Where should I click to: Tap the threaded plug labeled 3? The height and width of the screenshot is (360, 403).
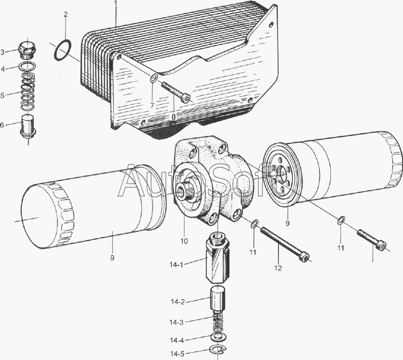[x=27, y=50]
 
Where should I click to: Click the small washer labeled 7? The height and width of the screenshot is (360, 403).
[x=153, y=78]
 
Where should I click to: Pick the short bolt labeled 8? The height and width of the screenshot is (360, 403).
[x=176, y=92]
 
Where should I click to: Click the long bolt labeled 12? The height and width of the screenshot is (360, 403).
[x=285, y=245]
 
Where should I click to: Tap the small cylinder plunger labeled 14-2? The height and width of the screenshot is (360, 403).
[x=218, y=298]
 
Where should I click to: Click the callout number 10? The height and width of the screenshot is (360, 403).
[x=184, y=241]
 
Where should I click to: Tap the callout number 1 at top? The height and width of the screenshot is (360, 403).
[x=115, y=3]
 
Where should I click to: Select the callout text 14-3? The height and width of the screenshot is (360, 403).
[x=176, y=322]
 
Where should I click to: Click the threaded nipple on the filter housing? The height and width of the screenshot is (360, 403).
[x=186, y=190]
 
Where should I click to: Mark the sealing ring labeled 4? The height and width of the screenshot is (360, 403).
[x=28, y=67]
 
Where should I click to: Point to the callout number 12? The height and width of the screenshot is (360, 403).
[x=278, y=268]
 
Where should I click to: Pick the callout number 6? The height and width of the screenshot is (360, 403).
[x=2, y=125]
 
